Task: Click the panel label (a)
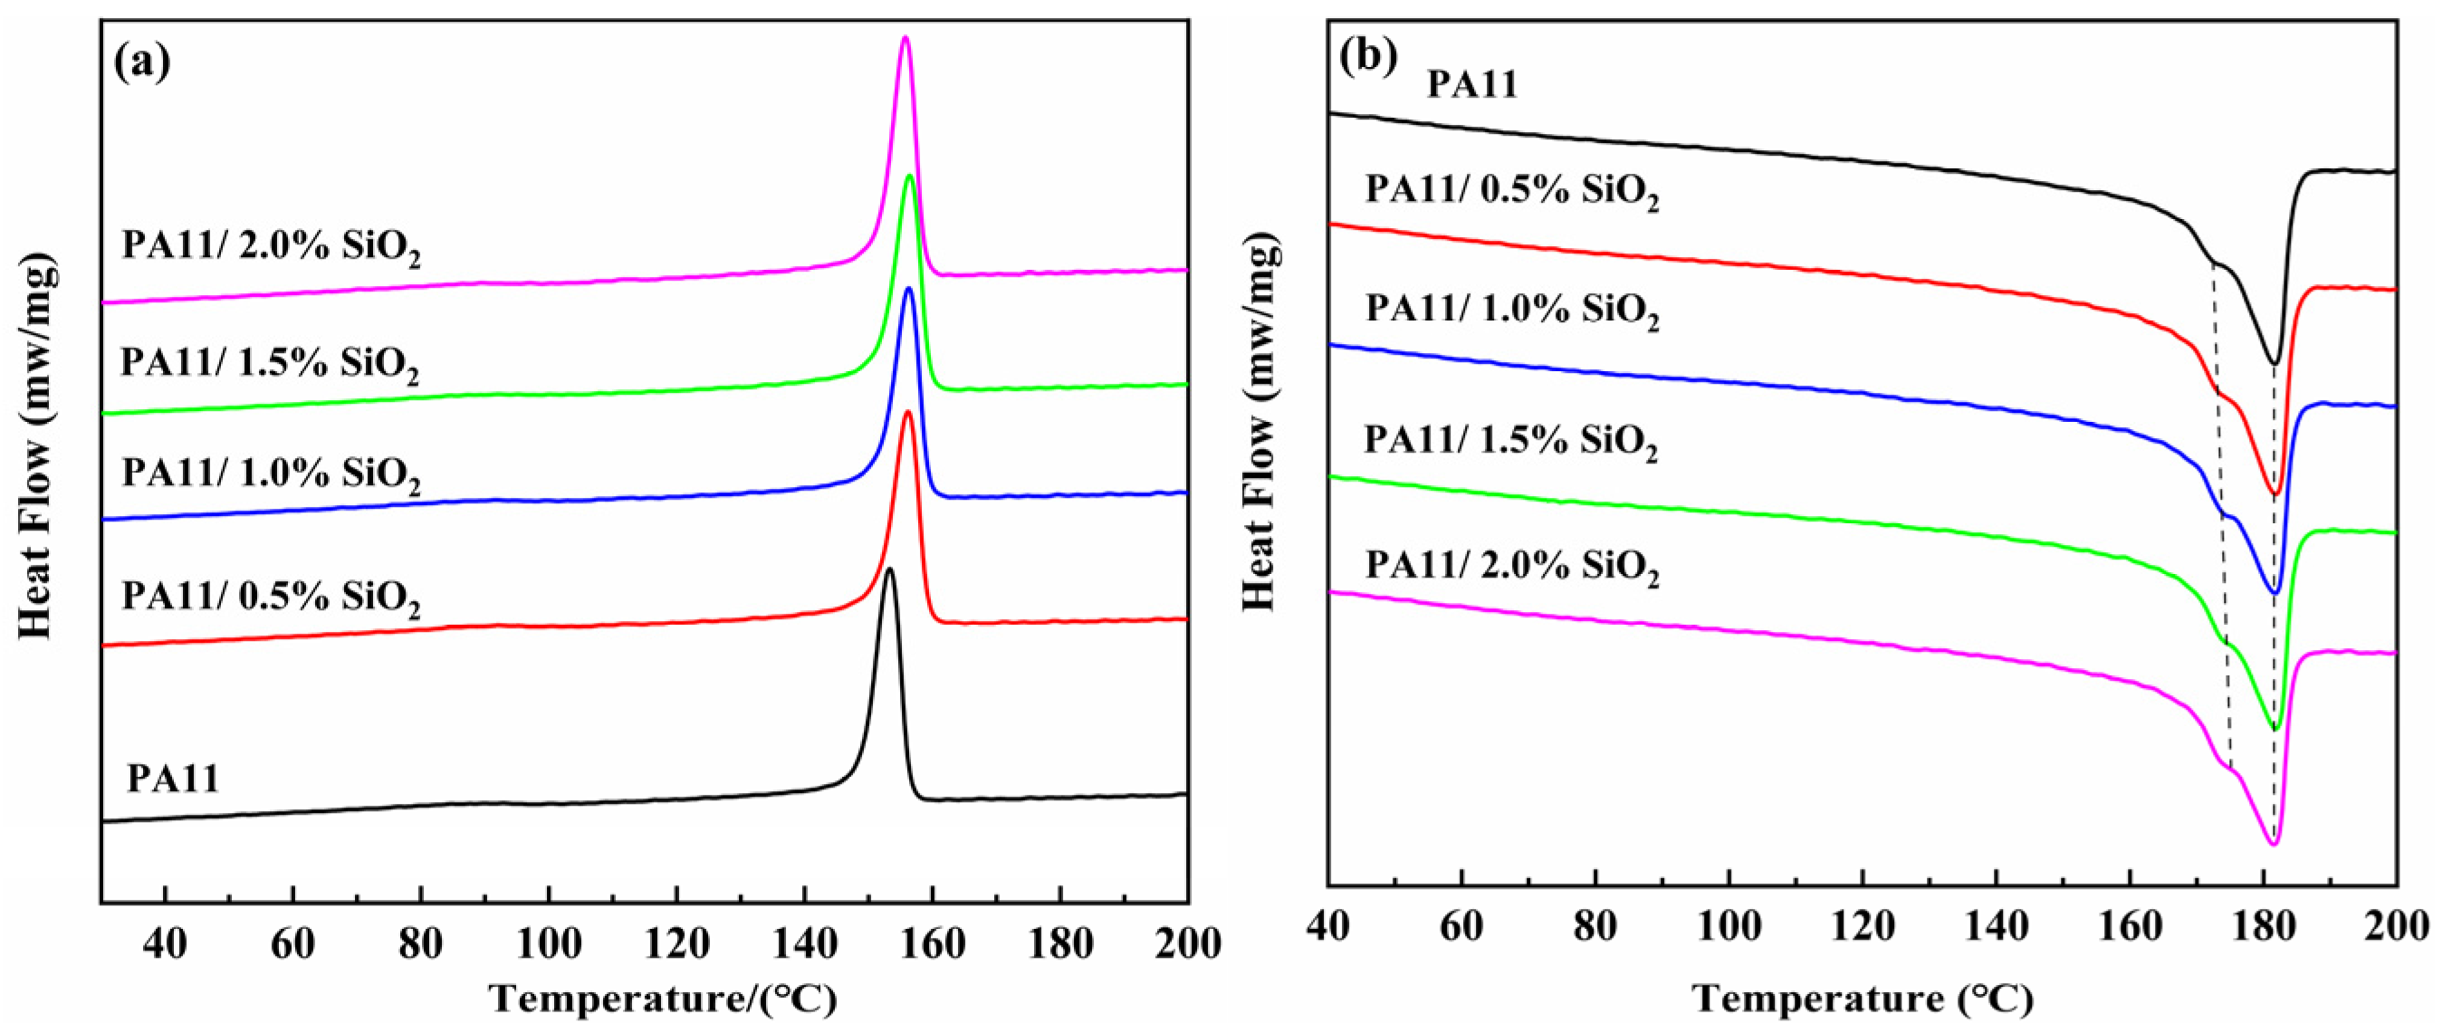(x=142, y=62)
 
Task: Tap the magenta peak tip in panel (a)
(x=905, y=39)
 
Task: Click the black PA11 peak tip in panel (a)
(x=888, y=570)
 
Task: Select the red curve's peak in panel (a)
(x=907, y=412)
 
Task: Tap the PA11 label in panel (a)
(x=174, y=780)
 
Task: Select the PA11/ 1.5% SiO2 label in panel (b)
(x=1510, y=442)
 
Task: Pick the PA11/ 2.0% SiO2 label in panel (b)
(x=1513, y=568)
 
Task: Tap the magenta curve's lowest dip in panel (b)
(x=2272, y=843)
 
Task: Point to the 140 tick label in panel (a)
(x=803, y=945)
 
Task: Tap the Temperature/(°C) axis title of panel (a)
(x=663, y=1000)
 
